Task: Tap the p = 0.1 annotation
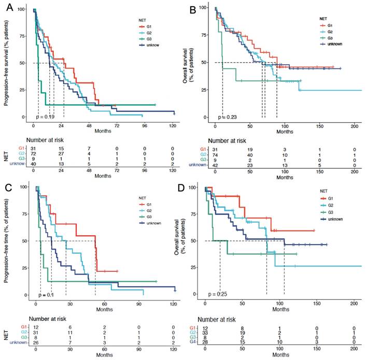coord(46,295)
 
